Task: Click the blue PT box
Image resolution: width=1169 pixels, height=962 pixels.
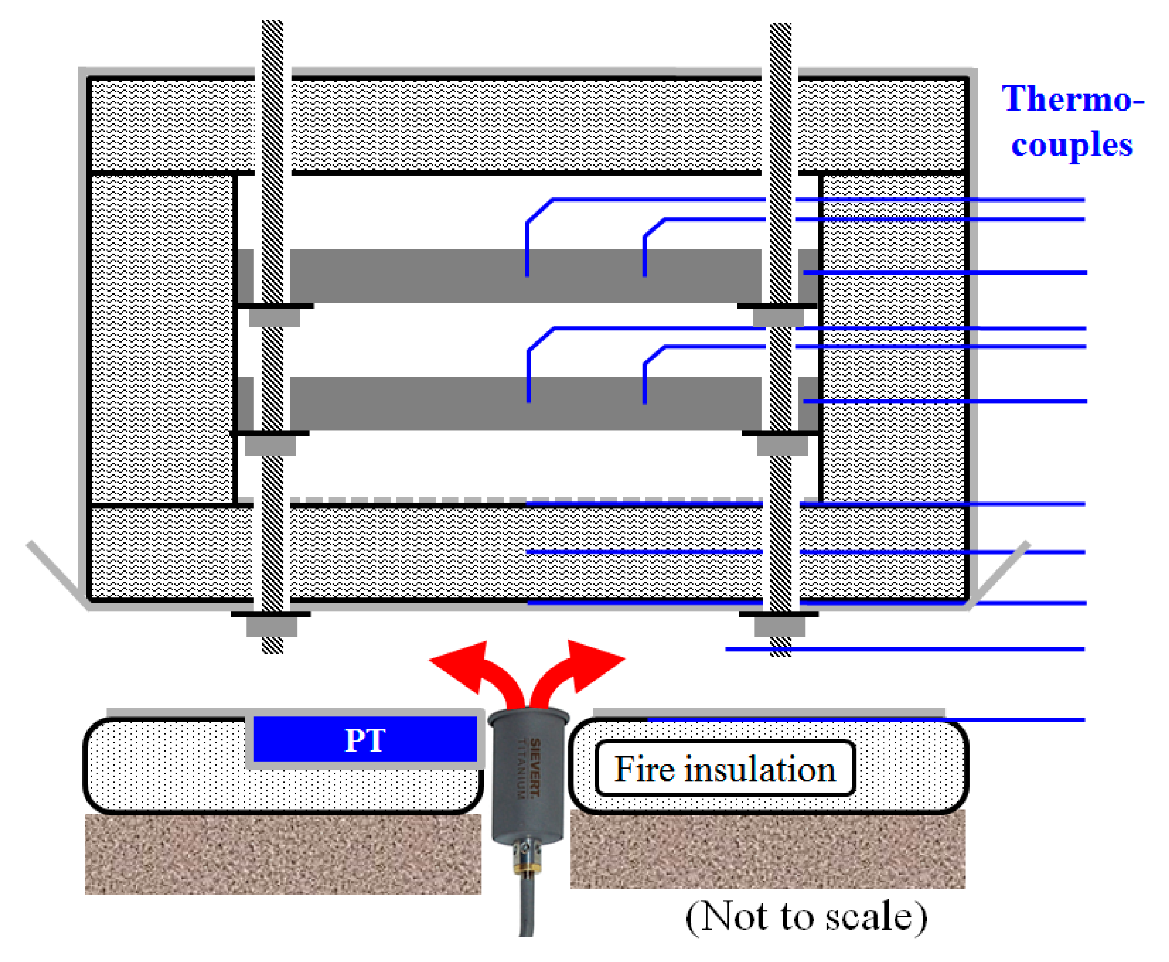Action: click(x=365, y=738)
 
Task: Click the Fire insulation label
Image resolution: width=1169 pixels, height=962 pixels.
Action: click(x=724, y=769)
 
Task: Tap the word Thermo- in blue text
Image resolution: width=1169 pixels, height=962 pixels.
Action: click(x=1072, y=99)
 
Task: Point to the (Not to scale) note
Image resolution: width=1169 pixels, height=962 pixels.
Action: click(x=806, y=916)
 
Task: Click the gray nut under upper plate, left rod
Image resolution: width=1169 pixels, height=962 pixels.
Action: click(x=274, y=317)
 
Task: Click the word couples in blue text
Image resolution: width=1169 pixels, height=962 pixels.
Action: click(x=1072, y=145)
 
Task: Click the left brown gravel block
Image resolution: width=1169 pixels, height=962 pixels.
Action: click(x=283, y=853)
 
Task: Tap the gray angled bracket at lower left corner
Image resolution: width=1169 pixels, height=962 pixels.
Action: click(x=56, y=574)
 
